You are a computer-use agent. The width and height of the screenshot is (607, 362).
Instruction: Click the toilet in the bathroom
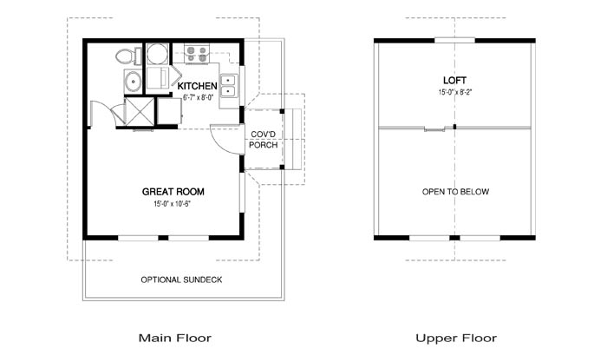(x=128, y=56)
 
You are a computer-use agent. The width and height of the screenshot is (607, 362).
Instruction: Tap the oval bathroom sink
(x=134, y=82)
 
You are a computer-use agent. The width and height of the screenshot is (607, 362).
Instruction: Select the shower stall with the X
(x=140, y=112)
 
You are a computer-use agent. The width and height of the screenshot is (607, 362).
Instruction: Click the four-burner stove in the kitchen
(x=197, y=54)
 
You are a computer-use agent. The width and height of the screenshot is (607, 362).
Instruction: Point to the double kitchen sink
(x=229, y=86)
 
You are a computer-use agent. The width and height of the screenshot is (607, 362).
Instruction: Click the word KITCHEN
(x=197, y=86)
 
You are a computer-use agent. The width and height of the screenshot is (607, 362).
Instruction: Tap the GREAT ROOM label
(x=173, y=192)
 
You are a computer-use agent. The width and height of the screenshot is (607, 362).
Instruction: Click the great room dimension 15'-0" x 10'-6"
(x=173, y=203)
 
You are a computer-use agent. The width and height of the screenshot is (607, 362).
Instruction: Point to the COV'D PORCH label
(x=264, y=140)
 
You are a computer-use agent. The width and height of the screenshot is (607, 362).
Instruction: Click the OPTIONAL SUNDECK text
(x=181, y=280)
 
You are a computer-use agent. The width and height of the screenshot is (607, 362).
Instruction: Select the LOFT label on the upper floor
(x=455, y=80)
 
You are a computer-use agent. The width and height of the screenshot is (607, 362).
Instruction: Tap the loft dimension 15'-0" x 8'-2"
(x=455, y=92)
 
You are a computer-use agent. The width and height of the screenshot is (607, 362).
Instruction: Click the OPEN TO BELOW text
(x=455, y=192)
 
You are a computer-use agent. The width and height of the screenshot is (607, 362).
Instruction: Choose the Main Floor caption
(x=175, y=338)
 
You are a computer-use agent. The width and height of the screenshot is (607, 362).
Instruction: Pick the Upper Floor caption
(x=456, y=339)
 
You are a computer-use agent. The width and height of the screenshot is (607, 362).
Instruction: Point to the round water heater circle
(x=157, y=54)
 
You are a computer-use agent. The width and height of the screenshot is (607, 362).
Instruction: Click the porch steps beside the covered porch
(x=293, y=140)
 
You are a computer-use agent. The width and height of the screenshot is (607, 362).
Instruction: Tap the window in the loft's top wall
(x=455, y=40)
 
